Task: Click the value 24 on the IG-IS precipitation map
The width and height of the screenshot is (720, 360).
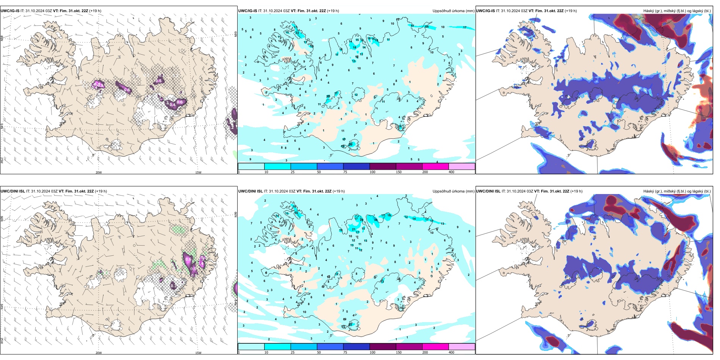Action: click(427, 27)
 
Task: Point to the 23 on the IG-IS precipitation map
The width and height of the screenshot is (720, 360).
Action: click(297, 33)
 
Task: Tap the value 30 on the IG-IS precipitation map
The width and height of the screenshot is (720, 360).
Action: click(351, 144)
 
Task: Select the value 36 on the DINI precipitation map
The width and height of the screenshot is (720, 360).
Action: click(376, 220)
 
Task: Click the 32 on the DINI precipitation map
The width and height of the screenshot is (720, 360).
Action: click(351, 324)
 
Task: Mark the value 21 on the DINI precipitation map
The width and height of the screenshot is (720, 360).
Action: click(354, 229)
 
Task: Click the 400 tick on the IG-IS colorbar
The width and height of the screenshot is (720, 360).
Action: click(452, 172)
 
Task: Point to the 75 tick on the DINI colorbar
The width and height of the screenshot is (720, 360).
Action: click(345, 352)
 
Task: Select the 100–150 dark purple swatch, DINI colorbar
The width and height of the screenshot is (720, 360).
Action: click(383, 347)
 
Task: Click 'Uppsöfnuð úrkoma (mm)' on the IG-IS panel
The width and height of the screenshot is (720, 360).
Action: click(453, 11)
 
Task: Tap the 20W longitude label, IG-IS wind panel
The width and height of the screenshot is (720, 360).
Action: click(99, 172)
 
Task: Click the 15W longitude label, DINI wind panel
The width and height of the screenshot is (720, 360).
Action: click(198, 353)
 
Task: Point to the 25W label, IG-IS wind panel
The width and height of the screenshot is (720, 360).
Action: click(2, 160)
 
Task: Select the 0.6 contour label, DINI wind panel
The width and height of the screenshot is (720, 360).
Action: click(188, 260)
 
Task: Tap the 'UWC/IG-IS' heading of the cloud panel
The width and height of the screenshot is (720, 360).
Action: click(485, 11)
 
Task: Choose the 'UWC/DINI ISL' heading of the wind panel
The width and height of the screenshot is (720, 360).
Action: click(13, 191)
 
